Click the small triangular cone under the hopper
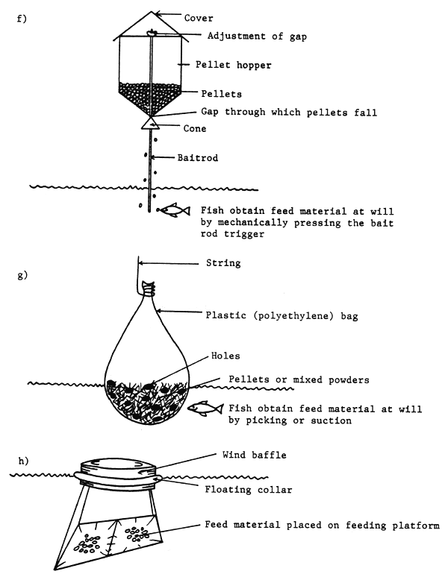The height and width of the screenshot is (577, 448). [151, 122]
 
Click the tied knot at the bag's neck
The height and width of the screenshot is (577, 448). [152, 286]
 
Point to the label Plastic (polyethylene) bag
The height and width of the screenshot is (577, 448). [283, 316]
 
